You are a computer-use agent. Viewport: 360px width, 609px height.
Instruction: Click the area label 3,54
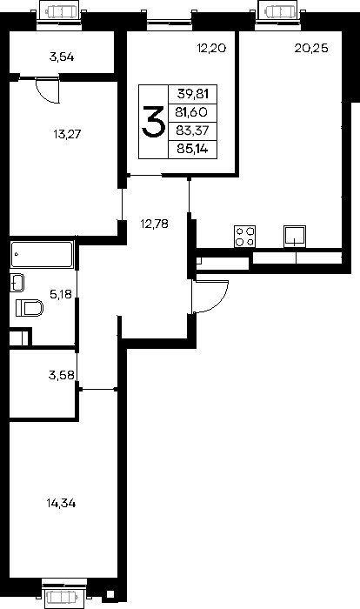click(x=62, y=57)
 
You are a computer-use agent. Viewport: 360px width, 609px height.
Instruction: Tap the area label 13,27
click(x=67, y=134)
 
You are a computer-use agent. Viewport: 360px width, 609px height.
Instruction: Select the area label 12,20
click(x=211, y=48)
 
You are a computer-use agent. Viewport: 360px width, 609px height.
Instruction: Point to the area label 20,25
click(x=311, y=48)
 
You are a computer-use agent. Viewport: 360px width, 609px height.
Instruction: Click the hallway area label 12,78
click(x=155, y=224)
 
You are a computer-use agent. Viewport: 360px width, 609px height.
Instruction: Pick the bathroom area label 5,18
click(x=61, y=294)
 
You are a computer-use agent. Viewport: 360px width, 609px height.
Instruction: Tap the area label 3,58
click(x=62, y=375)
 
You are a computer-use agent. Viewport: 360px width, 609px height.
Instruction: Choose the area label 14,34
click(x=62, y=504)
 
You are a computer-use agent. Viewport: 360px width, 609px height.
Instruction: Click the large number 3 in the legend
click(x=153, y=122)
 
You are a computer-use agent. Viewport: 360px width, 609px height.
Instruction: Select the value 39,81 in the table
click(x=193, y=94)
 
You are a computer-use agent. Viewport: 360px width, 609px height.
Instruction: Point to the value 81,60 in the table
click(x=191, y=112)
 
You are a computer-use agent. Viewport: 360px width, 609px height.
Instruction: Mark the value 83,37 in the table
click(x=192, y=130)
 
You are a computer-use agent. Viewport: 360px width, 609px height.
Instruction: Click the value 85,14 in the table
click(x=192, y=149)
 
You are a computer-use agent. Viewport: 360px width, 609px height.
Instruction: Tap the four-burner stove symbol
click(x=244, y=236)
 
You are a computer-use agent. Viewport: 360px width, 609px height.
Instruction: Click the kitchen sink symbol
click(x=295, y=236)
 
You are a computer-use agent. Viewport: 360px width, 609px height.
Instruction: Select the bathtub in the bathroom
click(x=42, y=254)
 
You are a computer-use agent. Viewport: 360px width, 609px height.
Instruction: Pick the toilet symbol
click(x=30, y=308)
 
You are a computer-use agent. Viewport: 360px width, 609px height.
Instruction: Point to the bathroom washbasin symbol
click(x=17, y=283)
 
